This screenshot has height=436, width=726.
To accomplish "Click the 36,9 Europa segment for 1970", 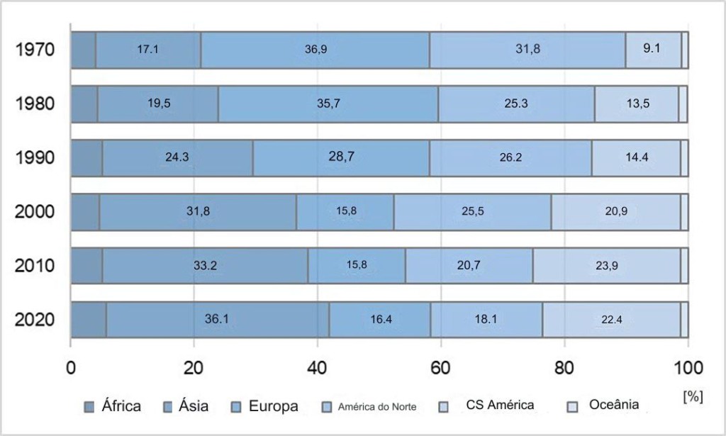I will click(x=315, y=50).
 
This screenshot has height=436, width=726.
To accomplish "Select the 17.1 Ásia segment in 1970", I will click(x=147, y=50).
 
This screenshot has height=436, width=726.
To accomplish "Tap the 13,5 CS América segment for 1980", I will click(x=637, y=104).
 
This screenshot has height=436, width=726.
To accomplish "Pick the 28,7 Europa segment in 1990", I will click(x=341, y=157).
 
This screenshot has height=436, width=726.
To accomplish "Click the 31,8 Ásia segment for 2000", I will click(x=197, y=211).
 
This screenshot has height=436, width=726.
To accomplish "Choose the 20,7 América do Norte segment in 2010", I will click(x=469, y=265).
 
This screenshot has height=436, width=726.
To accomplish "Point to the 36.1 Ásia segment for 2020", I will click(x=217, y=319).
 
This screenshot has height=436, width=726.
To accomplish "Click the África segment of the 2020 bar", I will click(x=89, y=319).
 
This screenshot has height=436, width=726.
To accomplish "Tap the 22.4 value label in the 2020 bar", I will click(x=611, y=319).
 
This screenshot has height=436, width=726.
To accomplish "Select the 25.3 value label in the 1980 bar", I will click(x=515, y=104).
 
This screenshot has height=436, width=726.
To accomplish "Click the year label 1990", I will click(x=35, y=157).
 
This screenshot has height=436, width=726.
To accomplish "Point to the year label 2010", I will click(x=35, y=266).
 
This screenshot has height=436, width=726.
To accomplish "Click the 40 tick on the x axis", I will click(x=317, y=368).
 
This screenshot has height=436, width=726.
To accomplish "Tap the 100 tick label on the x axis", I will click(x=687, y=368).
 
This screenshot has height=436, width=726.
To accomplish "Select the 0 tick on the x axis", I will click(x=71, y=368).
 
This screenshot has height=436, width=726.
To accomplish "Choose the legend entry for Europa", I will click(x=272, y=406).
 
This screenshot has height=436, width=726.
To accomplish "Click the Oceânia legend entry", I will click(x=613, y=406).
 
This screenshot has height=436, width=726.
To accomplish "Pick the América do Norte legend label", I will click(x=376, y=407).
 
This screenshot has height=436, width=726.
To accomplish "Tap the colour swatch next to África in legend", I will click(x=89, y=406).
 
